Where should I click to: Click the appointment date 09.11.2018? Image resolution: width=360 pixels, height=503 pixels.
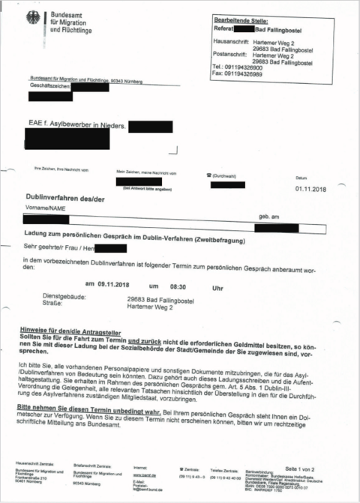113,286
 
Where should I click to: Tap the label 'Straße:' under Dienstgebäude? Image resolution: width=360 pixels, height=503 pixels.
54,305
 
